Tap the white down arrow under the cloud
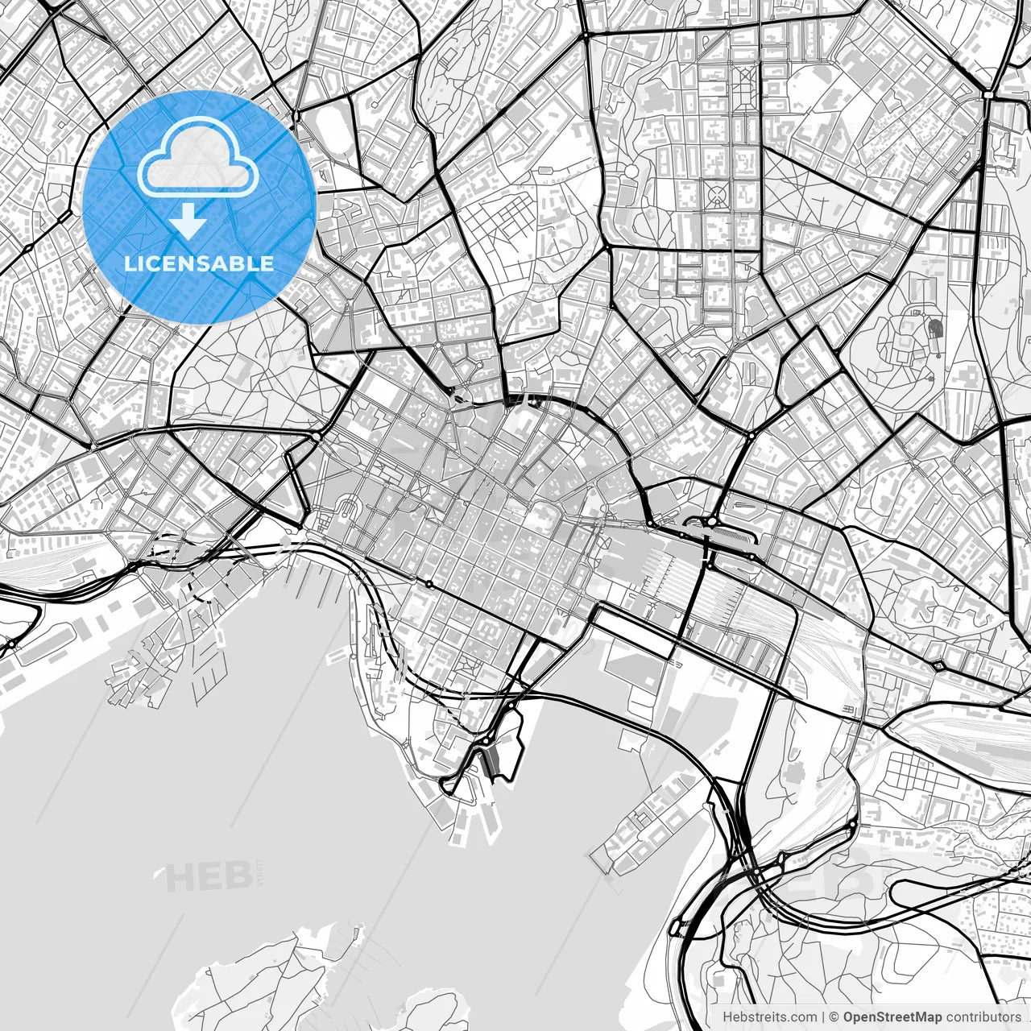(188, 220)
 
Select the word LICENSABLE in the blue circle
(198, 263)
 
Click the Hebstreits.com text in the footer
(769, 1017)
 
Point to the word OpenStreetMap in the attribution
(892, 1017)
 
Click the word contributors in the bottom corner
(983, 1017)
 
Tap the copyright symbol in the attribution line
(834, 1017)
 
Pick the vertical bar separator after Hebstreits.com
(822, 1017)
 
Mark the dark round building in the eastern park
(934, 329)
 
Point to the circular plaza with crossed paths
(715, 193)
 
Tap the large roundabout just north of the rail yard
(712, 522)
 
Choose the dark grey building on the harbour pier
(490, 762)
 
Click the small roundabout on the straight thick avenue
(429, 583)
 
